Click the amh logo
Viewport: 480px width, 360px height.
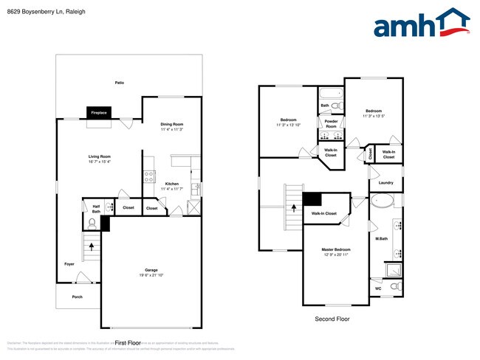pyautogui.click(x=422, y=24)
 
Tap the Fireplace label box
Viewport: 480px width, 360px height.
pyautogui.click(x=99, y=113)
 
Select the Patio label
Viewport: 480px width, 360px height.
pyautogui.click(x=120, y=83)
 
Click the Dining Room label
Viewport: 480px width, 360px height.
pyautogui.click(x=172, y=124)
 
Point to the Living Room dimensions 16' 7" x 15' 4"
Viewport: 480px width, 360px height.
pyautogui.click(x=100, y=162)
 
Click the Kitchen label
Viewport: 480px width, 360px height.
pyautogui.click(x=172, y=184)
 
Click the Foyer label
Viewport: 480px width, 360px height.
pyautogui.click(x=69, y=263)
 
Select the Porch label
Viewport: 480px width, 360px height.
pyautogui.click(x=77, y=297)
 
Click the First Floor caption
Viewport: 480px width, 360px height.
pyautogui.click(x=128, y=343)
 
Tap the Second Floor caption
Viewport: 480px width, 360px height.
pyautogui.click(x=332, y=319)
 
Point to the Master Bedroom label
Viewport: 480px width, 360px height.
pyautogui.click(x=336, y=249)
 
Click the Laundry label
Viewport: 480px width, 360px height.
pyautogui.click(x=385, y=182)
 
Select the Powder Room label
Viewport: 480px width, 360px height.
pyautogui.click(x=332, y=124)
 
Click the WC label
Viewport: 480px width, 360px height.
pyautogui.click(x=378, y=288)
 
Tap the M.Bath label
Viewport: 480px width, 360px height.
pyautogui.click(x=382, y=238)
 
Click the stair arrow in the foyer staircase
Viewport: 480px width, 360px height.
pyautogui.click(x=92, y=246)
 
